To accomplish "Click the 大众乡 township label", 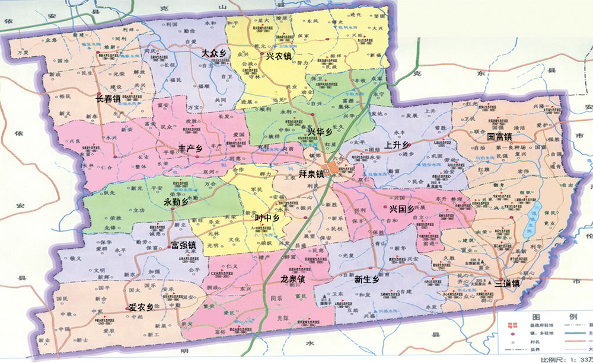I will [214, 53].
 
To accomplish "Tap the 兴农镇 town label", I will [278, 57].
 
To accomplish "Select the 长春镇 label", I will [109, 99].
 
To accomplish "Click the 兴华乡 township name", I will [320, 131].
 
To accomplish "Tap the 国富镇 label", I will [499, 136].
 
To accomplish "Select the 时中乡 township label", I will [267, 218].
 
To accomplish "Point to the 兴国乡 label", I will [401, 210].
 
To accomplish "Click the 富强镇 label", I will [183, 245].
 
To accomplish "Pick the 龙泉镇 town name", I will [293, 278].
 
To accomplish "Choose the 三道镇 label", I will [507, 283].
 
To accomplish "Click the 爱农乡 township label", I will [141, 307].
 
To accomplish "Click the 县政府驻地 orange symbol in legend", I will [513, 325].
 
